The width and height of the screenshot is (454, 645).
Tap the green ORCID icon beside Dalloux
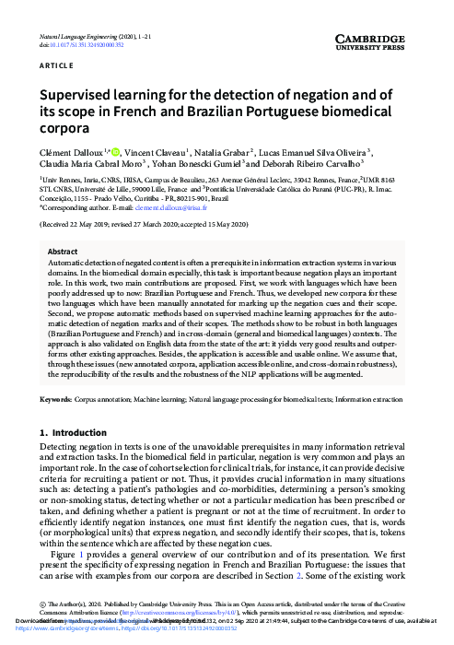point(117,151)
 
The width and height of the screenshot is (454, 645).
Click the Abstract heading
point(62,251)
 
